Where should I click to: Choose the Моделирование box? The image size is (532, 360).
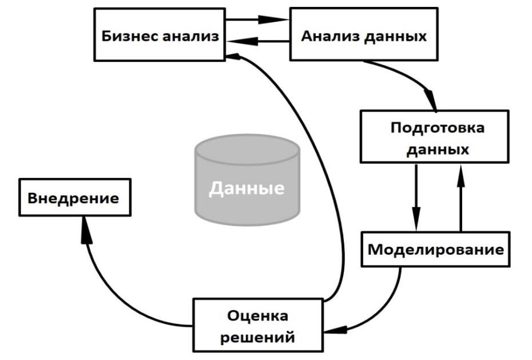click(x=436, y=250)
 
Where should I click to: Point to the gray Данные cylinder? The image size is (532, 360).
click(x=247, y=177)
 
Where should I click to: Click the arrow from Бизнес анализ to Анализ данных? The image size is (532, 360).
click(x=257, y=19)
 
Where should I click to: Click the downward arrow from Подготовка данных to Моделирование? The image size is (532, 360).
click(x=416, y=197)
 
